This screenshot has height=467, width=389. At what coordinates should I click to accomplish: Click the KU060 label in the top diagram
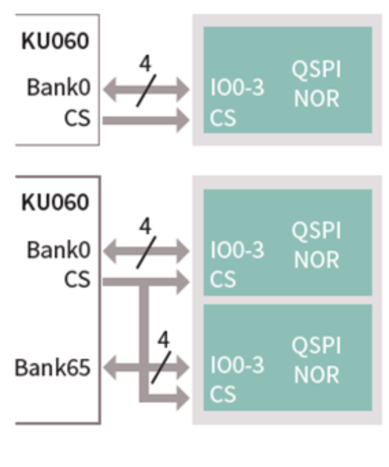coord(55,41)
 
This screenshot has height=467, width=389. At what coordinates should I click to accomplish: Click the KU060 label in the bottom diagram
coord(55,202)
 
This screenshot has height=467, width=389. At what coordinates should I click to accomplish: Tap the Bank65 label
coord(53,368)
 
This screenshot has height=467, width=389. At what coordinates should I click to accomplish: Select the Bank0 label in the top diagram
coord(59,87)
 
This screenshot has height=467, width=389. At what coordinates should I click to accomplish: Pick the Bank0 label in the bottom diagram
coord(59,250)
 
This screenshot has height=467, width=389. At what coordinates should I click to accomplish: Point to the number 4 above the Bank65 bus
coord(163,340)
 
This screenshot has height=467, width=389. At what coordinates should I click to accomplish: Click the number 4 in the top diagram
coord(145,64)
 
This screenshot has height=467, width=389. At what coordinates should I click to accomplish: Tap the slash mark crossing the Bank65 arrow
coord(161,367)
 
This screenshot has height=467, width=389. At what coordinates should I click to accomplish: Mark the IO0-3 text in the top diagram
coord(237,87)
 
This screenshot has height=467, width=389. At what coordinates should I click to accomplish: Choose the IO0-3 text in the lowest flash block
coord(237,365)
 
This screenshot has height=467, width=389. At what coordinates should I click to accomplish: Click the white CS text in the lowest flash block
coord(223,394)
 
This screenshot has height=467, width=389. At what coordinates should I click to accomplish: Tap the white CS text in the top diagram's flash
coord(223,118)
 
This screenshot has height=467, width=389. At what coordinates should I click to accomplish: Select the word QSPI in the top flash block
coord(316,69)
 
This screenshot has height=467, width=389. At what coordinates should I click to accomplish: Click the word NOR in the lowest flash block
coord(316,375)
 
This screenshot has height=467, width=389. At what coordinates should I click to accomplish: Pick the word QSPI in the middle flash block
coord(316,230)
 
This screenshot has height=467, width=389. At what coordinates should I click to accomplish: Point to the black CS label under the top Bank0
coord(77,118)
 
